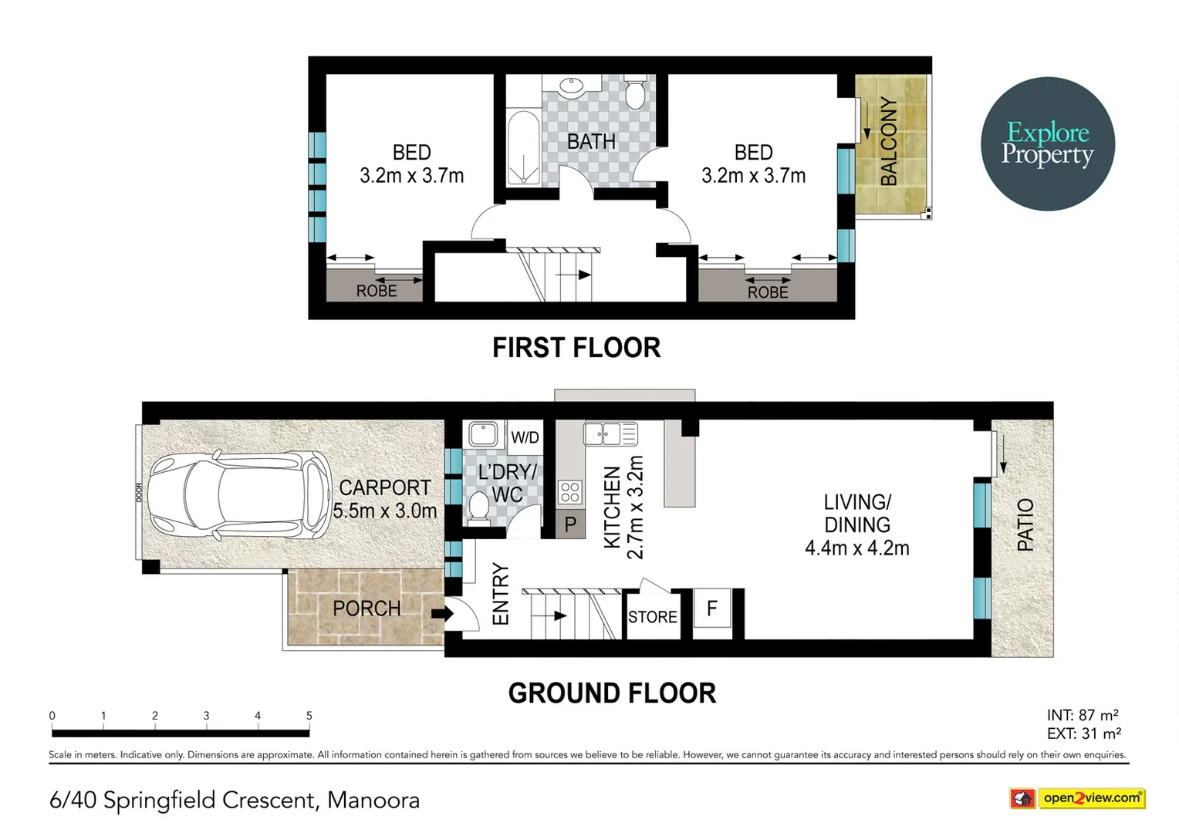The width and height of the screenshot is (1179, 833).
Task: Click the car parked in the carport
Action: coord(239,494)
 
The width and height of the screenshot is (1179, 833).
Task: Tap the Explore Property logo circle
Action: coord(1047,143)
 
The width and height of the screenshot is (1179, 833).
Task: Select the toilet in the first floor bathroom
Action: coord(635,92)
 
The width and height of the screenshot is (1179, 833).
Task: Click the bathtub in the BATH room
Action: coord(523,147)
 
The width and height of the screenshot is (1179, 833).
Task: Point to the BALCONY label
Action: coord(889,141)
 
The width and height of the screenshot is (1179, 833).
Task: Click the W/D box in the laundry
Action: coord(525,437)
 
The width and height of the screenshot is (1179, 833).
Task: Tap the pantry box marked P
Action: coord(570,524)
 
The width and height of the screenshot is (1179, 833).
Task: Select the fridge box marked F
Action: coord(712,609)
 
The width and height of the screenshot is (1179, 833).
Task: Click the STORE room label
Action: coord(653,617)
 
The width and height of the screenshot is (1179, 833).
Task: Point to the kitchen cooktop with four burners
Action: coord(570,492)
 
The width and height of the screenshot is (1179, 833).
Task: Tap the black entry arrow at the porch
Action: coord(442,613)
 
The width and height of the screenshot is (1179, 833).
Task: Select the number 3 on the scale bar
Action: coord(206,716)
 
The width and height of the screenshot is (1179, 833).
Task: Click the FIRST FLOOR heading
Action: coord(576,348)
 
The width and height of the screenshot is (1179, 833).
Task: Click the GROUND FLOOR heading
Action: coord(612,693)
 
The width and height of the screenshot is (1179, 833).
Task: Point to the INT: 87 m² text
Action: coord(1083,715)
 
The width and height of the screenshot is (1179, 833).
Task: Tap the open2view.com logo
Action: coord(1077,798)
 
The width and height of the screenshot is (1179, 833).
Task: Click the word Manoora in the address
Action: coord(373,801)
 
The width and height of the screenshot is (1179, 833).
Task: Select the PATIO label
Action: coord(1025,524)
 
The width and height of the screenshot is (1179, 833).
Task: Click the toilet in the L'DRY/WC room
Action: coord(478,508)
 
